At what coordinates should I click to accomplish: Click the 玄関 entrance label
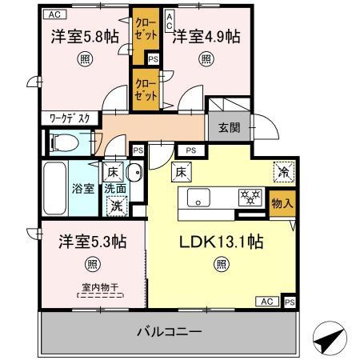227,126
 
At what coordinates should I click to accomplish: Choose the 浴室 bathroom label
83,189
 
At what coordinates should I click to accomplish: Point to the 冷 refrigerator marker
283,170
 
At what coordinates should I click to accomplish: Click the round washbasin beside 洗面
134,172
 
